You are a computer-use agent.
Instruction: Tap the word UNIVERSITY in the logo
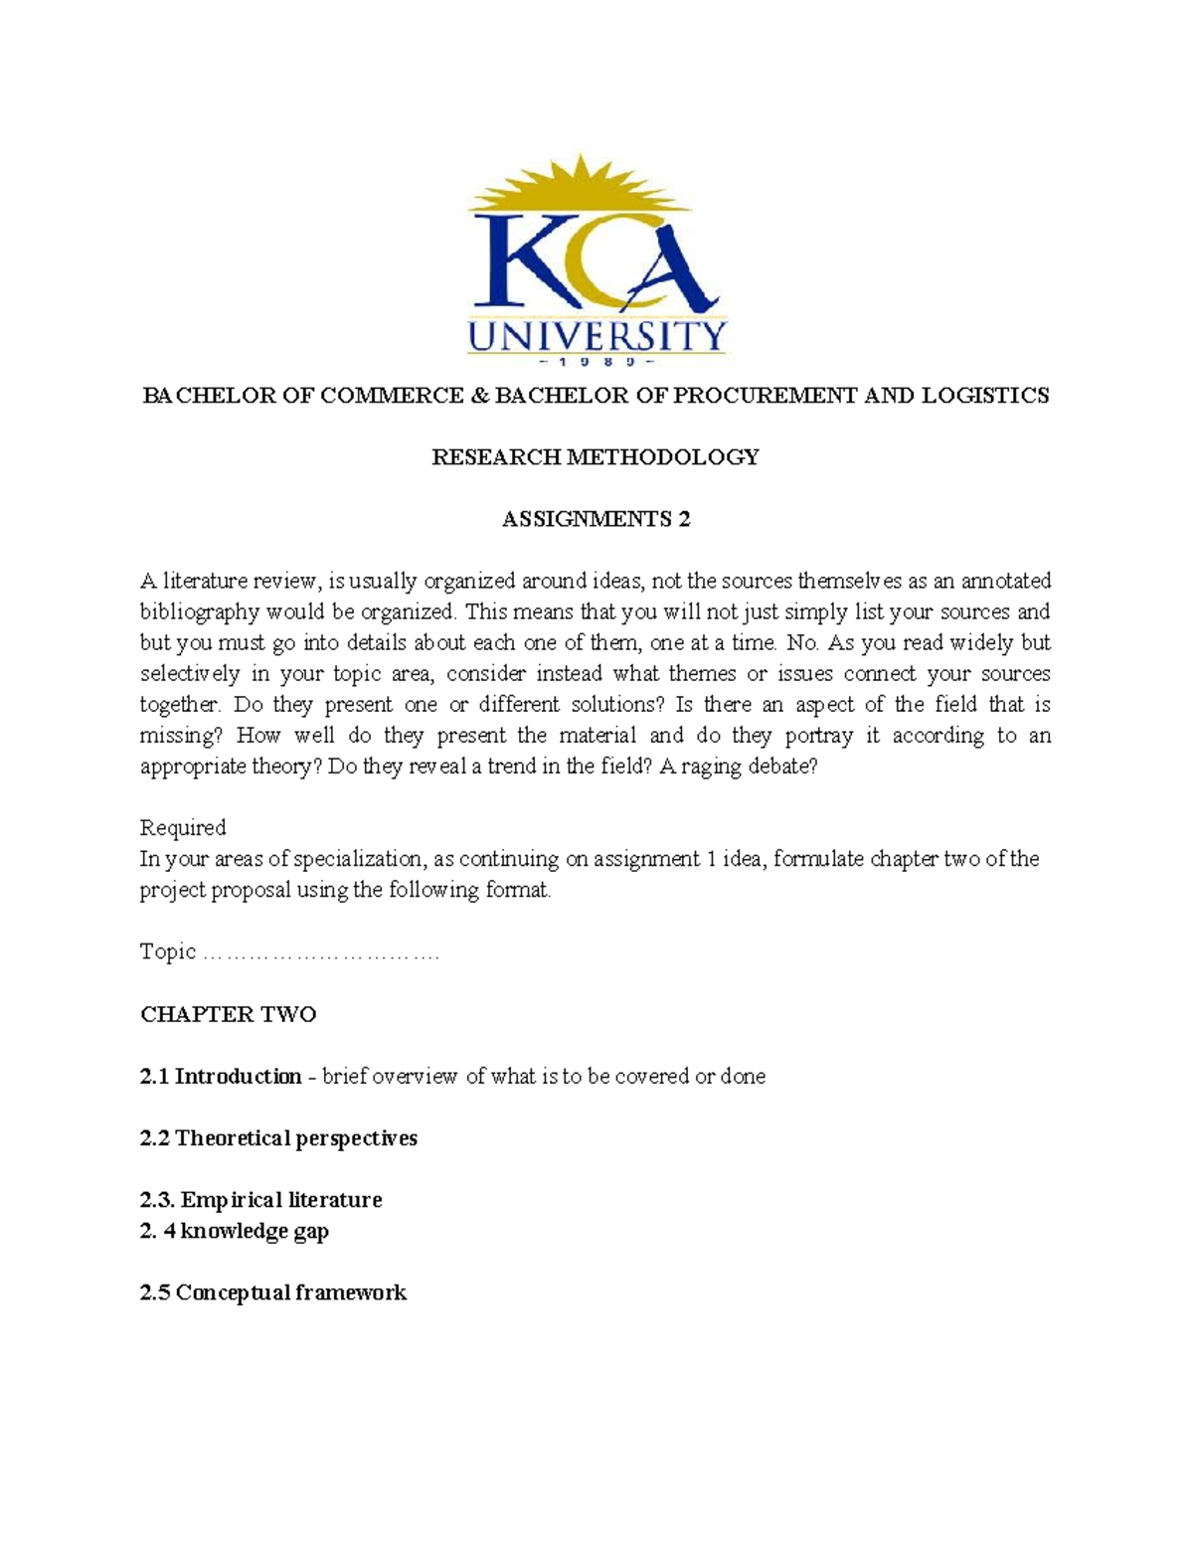(596, 335)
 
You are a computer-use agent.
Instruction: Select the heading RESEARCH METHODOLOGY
(595, 457)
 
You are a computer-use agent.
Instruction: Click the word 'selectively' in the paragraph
(190, 673)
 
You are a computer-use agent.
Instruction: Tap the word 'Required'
(183, 828)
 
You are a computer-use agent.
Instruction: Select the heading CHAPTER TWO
(229, 1014)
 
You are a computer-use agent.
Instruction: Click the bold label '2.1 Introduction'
(221, 1077)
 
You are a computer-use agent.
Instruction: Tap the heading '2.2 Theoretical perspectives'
(278, 1138)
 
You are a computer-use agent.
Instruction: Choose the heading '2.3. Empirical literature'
(260, 1200)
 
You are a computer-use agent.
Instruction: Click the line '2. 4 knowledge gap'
(235, 1231)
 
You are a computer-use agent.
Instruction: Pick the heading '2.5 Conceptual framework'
(273, 1292)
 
